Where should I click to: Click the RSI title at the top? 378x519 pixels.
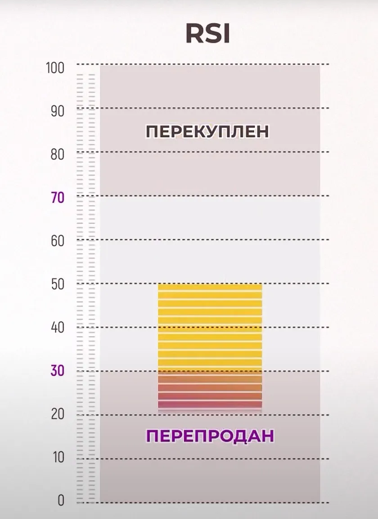click(x=207, y=34)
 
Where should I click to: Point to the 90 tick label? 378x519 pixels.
click(x=58, y=111)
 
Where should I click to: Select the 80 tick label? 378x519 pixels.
click(x=58, y=154)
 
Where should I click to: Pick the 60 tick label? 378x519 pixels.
click(x=58, y=241)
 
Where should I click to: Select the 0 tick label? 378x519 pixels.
click(x=61, y=500)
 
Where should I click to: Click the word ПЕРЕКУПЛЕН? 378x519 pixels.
click(x=207, y=132)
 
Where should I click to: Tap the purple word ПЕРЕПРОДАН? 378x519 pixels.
click(x=210, y=436)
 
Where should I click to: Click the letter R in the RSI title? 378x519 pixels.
click(x=194, y=34)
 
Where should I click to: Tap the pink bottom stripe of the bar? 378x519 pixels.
click(x=210, y=405)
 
